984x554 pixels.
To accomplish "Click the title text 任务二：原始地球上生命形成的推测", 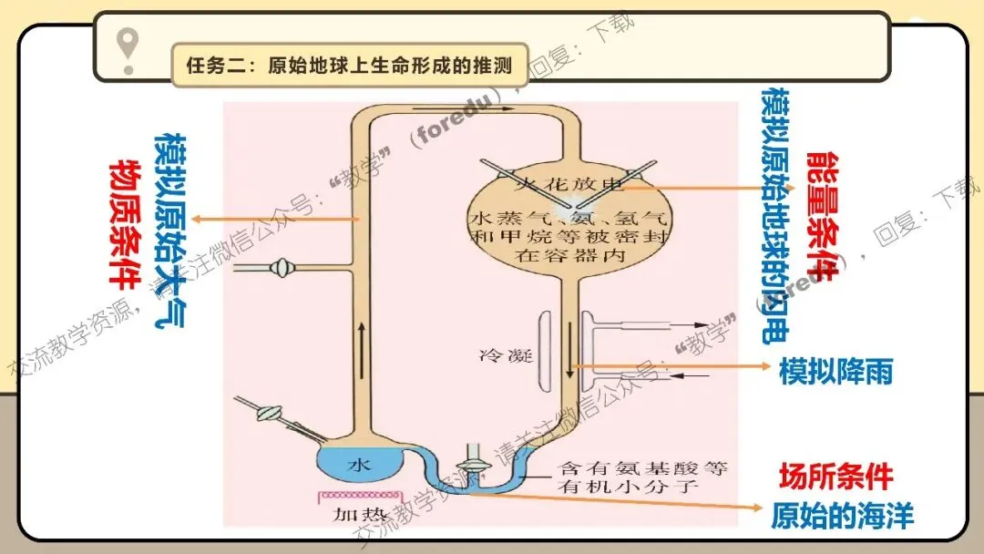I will [349, 66].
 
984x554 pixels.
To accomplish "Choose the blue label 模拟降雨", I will [835, 372].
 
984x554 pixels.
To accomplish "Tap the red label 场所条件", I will [835, 476].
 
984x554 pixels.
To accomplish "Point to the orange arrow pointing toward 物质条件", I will [273, 219].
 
